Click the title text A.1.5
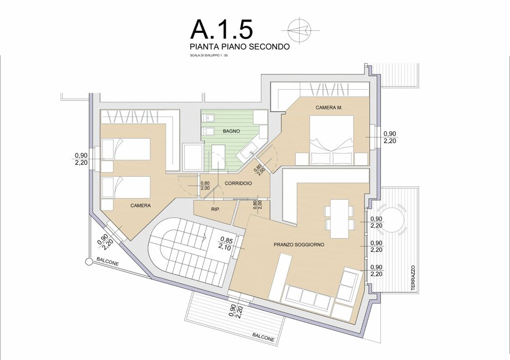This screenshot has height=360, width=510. (x=222, y=29)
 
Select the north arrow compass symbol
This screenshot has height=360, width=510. (x=300, y=30)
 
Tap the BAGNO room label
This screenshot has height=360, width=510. (x=231, y=131)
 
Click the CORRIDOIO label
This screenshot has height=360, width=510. (x=238, y=183)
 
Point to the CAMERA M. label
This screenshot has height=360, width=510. (x=329, y=108)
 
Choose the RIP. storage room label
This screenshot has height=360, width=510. (x=216, y=209)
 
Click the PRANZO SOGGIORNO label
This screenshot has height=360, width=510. (x=299, y=245)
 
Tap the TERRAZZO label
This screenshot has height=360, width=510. (x=413, y=278)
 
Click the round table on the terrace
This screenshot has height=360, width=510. (x=392, y=219)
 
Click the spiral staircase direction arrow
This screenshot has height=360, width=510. (x=205, y=237)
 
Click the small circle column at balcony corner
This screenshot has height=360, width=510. (x=88, y=261)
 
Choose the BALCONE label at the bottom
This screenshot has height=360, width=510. (x=263, y=337)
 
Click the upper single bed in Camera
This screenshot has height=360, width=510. (x=125, y=149)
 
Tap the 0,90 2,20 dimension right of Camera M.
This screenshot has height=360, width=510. (x=390, y=137)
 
